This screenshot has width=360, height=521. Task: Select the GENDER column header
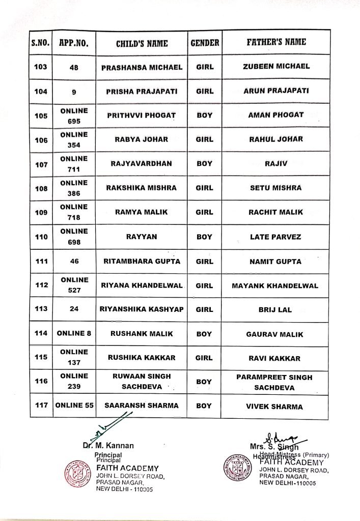pyautogui.click(x=204, y=44)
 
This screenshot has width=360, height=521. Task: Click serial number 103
pyautogui.click(x=40, y=67)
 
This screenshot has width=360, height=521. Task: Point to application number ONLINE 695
pyautogui.click(x=74, y=116)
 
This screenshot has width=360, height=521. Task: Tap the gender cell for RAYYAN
pyautogui.click(x=204, y=237)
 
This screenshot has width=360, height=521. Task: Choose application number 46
pyautogui.click(x=74, y=262)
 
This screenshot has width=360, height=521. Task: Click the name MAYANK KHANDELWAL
pyautogui.click(x=275, y=285)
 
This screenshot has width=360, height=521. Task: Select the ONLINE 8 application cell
pyautogui.click(x=74, y=334)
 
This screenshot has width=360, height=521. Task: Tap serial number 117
pyautogui.click(x=40, y=406)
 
